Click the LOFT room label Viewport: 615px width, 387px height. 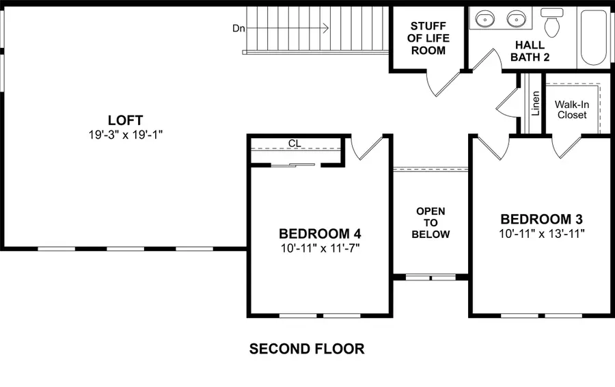coord(124,120)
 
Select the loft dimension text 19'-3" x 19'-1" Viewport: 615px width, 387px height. coord(124,135)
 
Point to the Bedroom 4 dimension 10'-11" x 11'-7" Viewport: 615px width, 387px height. coord(319,247)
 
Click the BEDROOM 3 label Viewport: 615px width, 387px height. coord(541,219)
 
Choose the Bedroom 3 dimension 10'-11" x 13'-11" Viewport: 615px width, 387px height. coord(541,233)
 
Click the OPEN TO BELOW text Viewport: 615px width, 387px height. coord(430,223)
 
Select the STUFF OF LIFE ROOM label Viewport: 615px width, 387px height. coord(427,39)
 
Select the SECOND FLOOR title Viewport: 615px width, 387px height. coord(307,349)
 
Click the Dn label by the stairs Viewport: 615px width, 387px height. coord(238,28)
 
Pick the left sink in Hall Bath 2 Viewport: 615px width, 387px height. coord(484,18)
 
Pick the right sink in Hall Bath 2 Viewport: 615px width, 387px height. coord(517,18)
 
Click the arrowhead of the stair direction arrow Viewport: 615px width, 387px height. coord(326,28)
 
